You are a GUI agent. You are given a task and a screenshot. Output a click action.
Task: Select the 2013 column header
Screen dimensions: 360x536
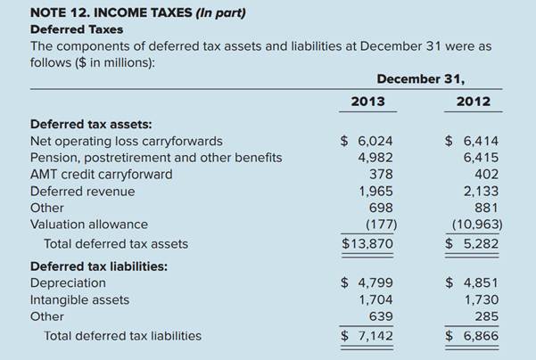point(367,102)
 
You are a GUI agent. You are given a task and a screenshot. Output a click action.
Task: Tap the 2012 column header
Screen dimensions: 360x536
point(473,102)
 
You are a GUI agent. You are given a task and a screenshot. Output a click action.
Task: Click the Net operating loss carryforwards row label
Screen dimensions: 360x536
point(127,141)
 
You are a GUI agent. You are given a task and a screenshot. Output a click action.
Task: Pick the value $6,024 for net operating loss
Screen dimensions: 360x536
point(367,141)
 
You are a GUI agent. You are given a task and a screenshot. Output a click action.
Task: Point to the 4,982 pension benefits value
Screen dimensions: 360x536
point(375,158)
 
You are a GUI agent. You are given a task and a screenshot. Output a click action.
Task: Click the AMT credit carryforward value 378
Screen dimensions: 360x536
point(381,174)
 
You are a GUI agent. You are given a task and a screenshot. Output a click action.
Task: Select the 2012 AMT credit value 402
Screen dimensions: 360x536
point(486,174)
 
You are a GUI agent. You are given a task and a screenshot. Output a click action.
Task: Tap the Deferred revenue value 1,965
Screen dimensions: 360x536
point(375,191)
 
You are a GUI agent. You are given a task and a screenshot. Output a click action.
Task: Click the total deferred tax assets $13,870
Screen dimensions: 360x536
point(367,243)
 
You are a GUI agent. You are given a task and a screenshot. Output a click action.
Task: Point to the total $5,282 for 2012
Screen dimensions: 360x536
point(473,243)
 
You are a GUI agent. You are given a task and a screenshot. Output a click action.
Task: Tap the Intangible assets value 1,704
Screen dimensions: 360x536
point(375,300)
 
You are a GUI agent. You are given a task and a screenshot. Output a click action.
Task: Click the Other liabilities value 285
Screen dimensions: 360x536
point(486,316)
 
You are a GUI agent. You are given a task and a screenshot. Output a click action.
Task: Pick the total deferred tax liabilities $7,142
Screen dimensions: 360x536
point(367,336)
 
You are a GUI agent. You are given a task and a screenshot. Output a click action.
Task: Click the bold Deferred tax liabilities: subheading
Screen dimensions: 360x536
point(99,266)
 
